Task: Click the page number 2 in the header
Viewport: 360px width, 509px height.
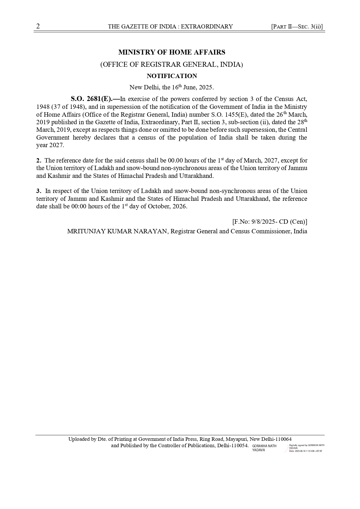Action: pos(38,26)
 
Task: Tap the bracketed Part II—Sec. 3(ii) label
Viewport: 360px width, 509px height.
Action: pos(297,27)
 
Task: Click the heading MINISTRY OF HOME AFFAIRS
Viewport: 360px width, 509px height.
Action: pos(172,52)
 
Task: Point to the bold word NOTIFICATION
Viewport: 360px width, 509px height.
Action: pos(172,76)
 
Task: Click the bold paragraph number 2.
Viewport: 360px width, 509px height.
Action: pos(38,160)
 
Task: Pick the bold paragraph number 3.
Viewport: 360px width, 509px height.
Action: pos(38,191)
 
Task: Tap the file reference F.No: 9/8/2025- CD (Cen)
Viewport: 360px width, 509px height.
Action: pos(269,222)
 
